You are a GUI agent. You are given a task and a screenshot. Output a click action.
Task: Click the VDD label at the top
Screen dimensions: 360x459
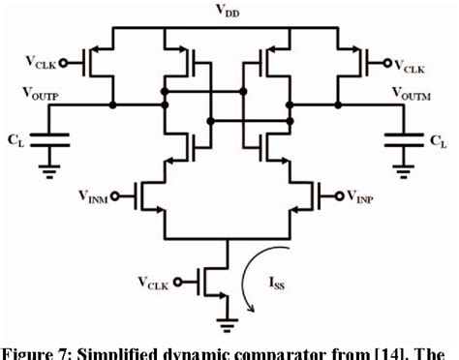coord(229,12)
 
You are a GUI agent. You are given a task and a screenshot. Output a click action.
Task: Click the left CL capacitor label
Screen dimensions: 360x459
coord(14,139)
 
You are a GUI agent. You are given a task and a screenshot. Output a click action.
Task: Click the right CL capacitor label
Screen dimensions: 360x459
coord(439,139)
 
